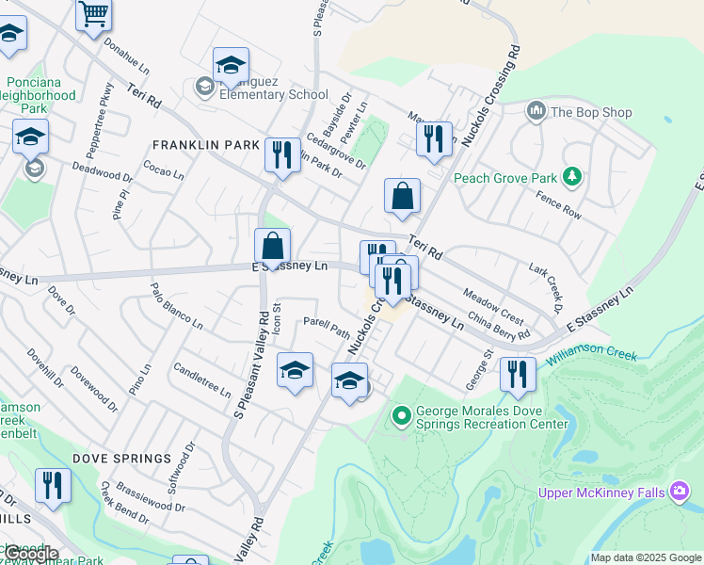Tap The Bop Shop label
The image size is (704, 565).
[x=590, y=112]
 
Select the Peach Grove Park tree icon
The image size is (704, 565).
[x=570, y=176]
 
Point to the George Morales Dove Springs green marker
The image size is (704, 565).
[x=401, y=414]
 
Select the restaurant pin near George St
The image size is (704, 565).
[x=517, y=375]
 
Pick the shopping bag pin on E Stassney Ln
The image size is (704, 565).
[x=272, y=248]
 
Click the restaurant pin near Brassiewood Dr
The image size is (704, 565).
[x=53, y=486]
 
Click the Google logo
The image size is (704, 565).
[x=32, y=553]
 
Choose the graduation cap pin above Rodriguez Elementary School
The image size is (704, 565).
[x=231, y=65]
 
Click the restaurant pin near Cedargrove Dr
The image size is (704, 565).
[x=282, y=154]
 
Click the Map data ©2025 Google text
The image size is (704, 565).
[x=646, y=557]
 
